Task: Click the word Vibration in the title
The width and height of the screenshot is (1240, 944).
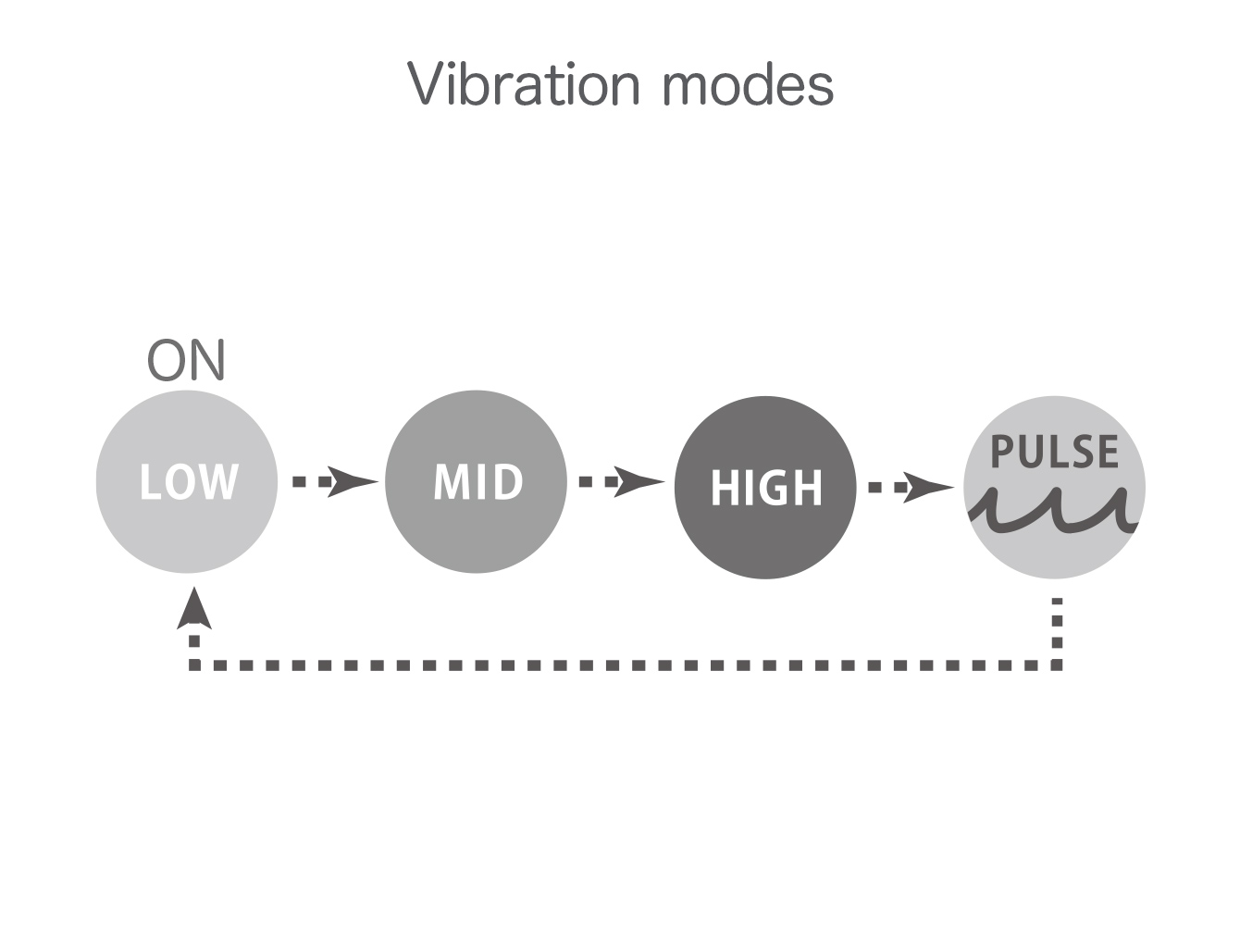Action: (x=523, y=83)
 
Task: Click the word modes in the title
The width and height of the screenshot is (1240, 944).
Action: (x=748, y=83)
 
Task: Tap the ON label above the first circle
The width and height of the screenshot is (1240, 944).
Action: (x=186, y=360)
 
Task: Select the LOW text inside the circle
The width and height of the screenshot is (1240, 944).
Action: (x=189, y=481)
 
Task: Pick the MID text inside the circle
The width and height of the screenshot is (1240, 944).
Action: (x=477, y=481)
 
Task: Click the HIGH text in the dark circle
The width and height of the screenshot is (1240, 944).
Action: (x=766, y=488)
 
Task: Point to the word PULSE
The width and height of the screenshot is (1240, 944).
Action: (x=1054, y=452)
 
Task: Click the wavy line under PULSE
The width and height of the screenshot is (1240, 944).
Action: (x=1053, y=510)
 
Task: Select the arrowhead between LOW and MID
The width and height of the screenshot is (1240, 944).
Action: (x=353, y=482)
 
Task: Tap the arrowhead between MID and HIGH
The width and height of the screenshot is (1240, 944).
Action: (x=639, y=482)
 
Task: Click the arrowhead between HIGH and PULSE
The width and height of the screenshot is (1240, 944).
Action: (x=929, y=488)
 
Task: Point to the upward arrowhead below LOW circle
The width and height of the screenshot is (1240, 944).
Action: (x=194, y=608)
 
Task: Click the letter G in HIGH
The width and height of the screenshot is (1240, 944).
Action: (x=776, y=488)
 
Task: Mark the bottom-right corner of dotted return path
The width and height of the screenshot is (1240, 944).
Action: (x=1058, y=665)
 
